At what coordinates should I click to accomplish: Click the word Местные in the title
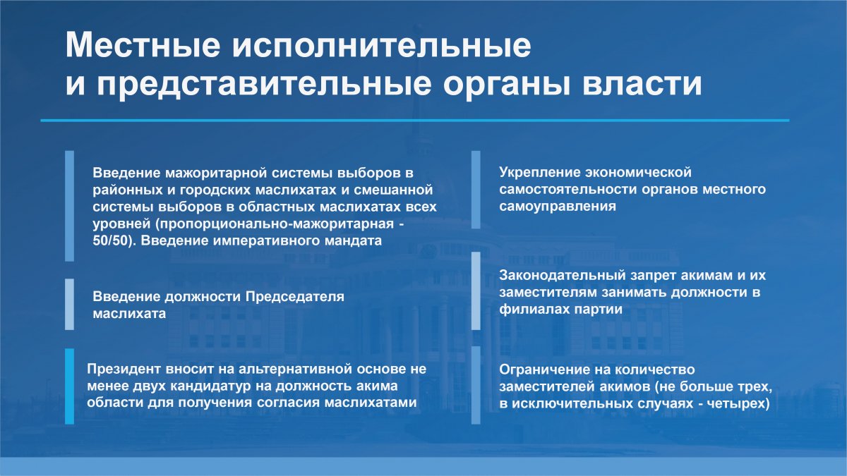(x=143, y=44)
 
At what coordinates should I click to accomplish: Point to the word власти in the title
(x=642, y=83)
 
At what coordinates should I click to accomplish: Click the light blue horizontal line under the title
(x=415, y=121)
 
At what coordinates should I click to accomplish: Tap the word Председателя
(x=295, y=297)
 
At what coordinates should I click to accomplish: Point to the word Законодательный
(x=563, y=276)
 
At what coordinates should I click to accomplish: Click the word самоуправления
(x=558, y=207)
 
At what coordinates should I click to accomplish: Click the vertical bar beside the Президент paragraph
(x=70, y=386)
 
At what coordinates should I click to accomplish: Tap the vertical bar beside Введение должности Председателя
(x=70, y=304)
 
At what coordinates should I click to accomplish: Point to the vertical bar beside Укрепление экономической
(x=476, y=190)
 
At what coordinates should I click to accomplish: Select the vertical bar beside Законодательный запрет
(x=476, y=291)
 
